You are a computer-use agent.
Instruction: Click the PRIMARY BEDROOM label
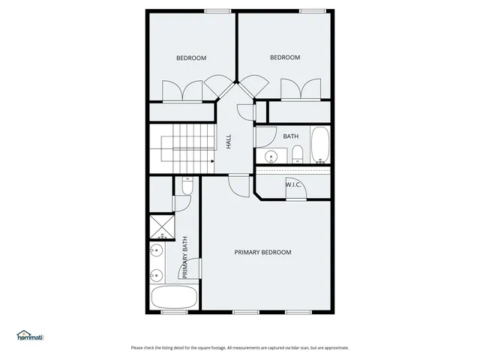tap(262, 252)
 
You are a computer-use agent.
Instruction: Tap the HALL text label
tap(229, 140)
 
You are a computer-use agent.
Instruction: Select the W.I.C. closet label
tap(293, 184)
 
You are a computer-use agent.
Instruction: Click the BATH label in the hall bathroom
tap(291, 136)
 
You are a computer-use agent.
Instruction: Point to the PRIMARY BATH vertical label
tap(184, 257)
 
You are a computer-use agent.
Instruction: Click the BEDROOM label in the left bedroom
tap(191, 58)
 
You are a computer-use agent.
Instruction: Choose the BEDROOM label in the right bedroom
tap(285, 58)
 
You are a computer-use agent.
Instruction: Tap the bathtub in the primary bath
tap(174, 296)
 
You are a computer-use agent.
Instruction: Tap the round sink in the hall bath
tap(271, 157)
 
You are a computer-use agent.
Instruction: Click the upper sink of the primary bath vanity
tap(157, 250)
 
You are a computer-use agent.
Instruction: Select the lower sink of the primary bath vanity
tap(157, 274)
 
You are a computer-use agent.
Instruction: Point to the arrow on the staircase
tap(212, 160)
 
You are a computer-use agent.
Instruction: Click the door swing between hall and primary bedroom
tap(238, 184)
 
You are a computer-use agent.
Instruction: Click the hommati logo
tap(31, 335)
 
